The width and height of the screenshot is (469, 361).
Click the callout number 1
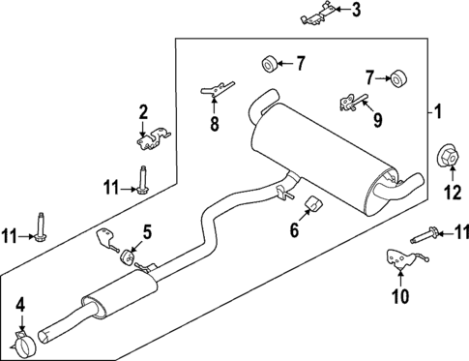438,114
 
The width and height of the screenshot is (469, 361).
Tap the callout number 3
355,11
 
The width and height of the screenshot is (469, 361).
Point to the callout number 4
20,309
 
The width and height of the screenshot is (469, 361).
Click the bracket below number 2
146,141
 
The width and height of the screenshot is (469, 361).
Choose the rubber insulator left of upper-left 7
269,65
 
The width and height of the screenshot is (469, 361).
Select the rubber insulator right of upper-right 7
396,77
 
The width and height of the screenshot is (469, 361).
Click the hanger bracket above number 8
213,91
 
